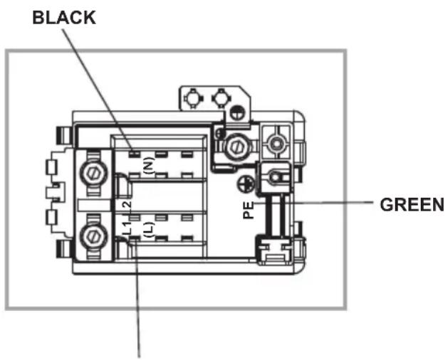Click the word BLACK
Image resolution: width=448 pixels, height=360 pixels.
[x=65, y=18]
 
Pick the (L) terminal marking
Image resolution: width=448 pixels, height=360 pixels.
[x=147, y=229]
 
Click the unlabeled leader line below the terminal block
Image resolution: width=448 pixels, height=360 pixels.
[x=138, y=299]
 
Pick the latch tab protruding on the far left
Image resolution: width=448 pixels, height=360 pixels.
[x=50, y=192]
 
